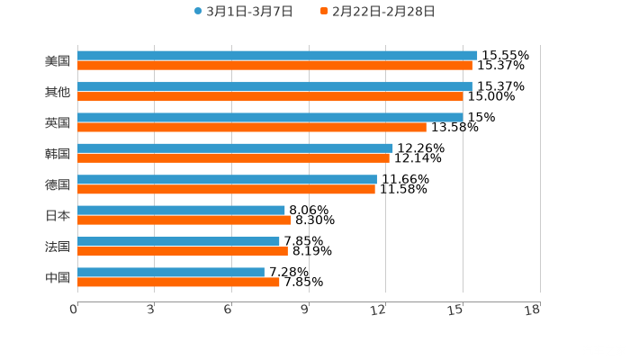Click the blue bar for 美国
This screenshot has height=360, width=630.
coord(277,55)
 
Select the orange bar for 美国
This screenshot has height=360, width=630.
coord(274,65)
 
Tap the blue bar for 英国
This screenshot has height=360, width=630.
coord(270,117)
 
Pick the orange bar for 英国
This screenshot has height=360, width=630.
coord(252,127)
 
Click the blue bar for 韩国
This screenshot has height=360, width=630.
coord(235,148)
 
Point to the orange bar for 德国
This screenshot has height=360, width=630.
coord(226,189)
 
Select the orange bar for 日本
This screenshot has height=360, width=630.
coord(184,220)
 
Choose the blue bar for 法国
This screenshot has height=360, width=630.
coord(178,241)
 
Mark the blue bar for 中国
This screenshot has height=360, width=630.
coord(171,272)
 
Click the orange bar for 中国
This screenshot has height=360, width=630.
coord(178,282)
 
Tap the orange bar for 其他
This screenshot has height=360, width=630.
coord(270,96)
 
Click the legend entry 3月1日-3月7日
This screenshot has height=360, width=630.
coord(244,12)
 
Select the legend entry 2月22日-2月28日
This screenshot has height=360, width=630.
coord(378,12)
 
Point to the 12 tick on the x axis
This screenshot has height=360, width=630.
coord(380,310)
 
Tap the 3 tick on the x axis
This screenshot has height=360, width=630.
coord(150,310)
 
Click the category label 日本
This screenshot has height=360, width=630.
coord(58,216)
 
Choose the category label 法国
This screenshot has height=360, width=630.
coord(58,247)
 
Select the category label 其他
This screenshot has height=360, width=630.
coord(58,92)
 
